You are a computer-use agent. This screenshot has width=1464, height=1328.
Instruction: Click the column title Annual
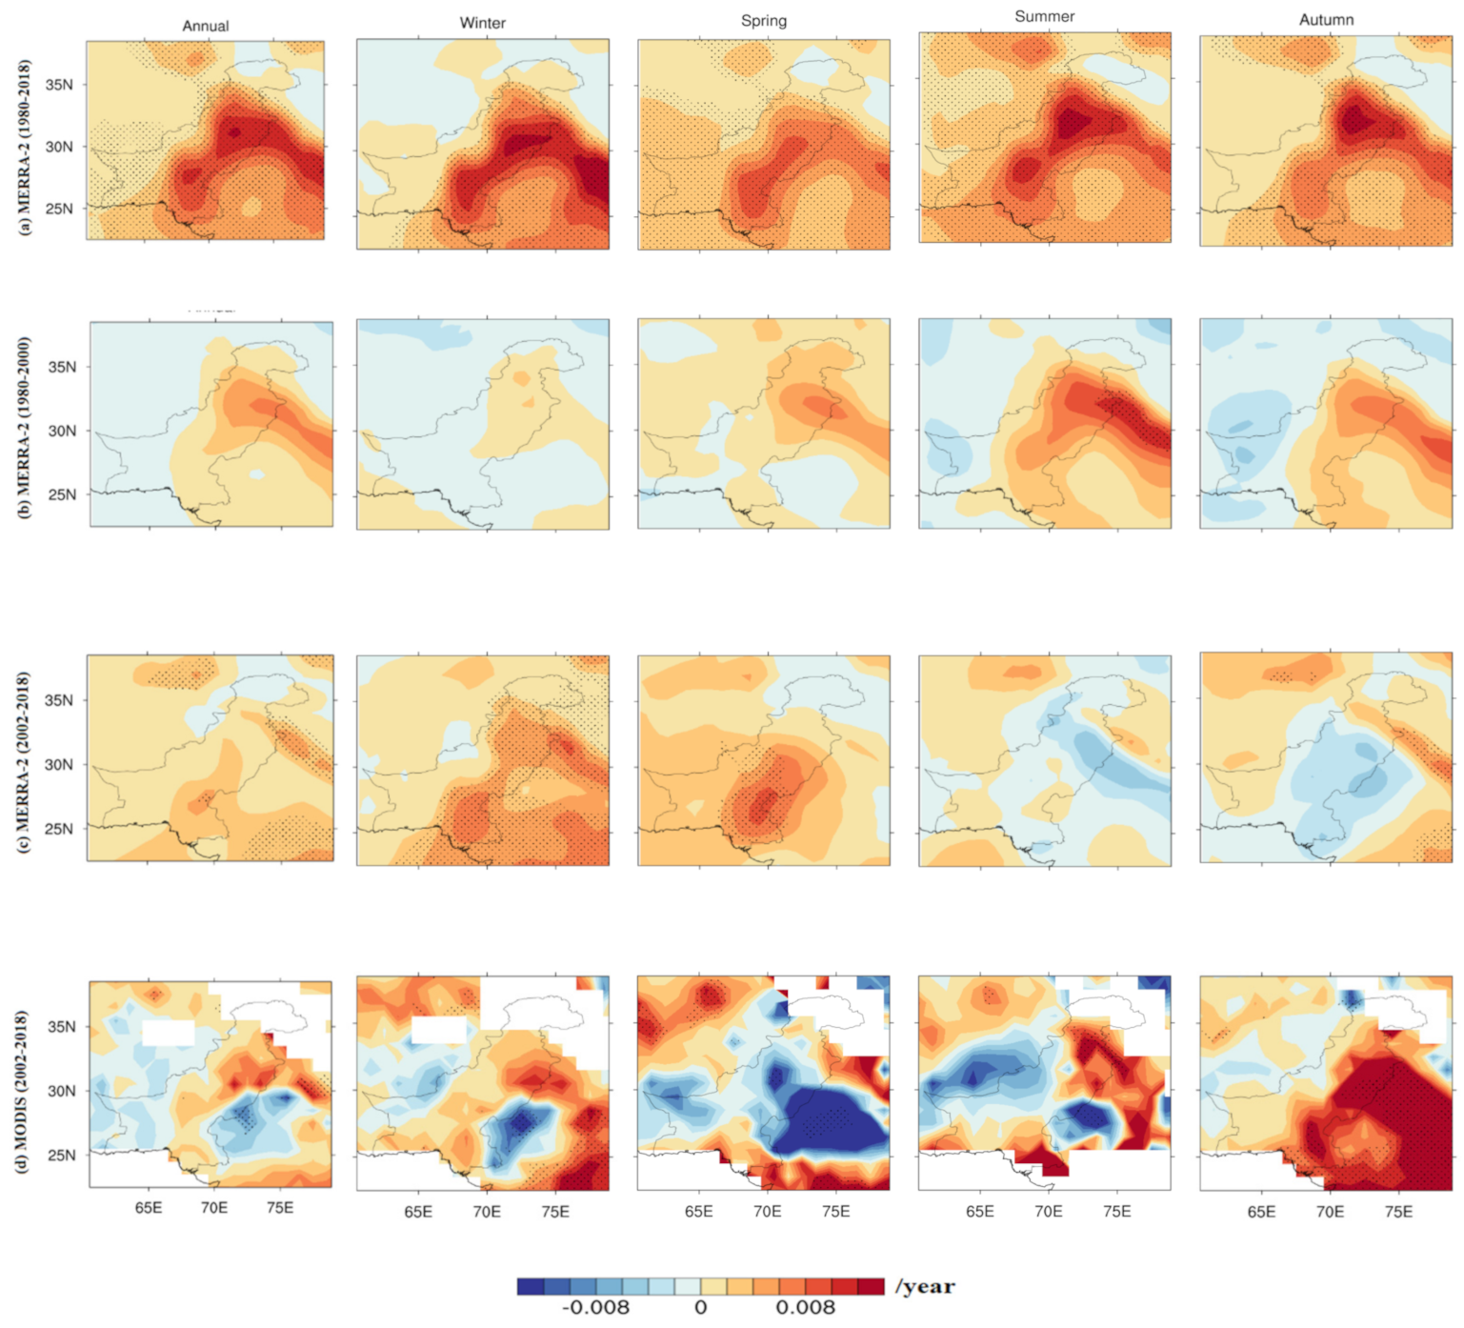[x=205, y=26]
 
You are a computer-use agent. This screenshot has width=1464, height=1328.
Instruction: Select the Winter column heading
[x=482, y=23]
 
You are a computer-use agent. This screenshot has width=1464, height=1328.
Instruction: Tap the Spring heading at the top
[x=763, y=21]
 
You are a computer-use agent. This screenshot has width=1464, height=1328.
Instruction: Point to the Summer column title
[x=1044, y=16]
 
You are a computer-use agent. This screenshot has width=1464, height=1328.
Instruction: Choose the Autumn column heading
[x=1326, y=20]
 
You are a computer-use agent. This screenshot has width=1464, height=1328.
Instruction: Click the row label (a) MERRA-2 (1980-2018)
[x=25, y=147]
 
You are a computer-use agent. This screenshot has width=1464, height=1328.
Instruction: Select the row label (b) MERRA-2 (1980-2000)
[x=25, y=427]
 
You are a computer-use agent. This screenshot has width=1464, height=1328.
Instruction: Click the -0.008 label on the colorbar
[x=595, y=1308]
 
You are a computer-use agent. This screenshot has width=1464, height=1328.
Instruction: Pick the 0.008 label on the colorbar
[x=805, y=1308]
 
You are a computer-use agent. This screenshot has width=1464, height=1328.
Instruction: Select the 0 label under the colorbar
[x=700, y=1308]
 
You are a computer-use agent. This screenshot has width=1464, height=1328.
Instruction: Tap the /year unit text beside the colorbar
[x=924, y=1287]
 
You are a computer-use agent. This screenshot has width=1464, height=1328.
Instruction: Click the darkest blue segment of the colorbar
[x=531, y=1287]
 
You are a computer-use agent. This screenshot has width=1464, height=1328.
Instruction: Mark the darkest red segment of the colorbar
[x=871, y=1287]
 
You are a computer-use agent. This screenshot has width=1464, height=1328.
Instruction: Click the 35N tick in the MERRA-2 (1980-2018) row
[x=59, y=85]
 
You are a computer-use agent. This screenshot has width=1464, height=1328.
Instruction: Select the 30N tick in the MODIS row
[x=62, y=1091]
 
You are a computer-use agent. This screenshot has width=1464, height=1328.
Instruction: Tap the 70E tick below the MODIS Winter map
[x=486, y=1212]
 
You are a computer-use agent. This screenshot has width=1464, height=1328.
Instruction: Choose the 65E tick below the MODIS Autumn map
[x=1261, y=1212]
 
